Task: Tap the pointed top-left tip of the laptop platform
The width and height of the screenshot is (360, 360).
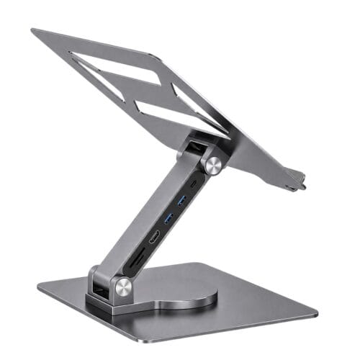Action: click(33, 31)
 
